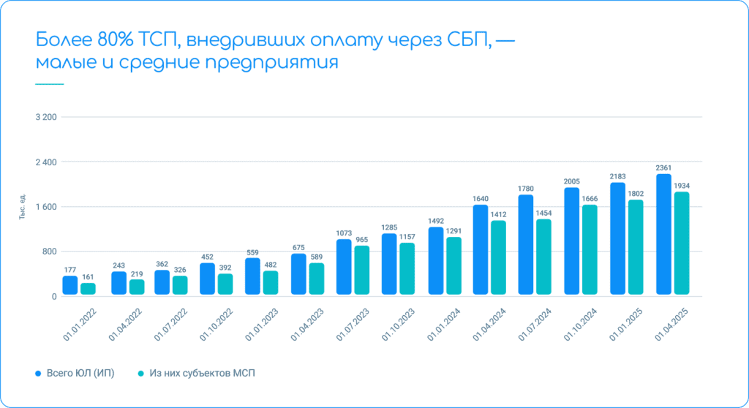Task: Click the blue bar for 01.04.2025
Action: pos(663,234)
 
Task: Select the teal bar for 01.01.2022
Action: pos(88,289)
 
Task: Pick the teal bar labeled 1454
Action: pos(543,257)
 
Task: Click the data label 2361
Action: pos(663,167)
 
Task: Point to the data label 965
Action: pos(361,240)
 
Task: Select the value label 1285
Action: pos(389,227)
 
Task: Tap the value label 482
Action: pos(271,265)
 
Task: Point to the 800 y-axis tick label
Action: pos(48,252)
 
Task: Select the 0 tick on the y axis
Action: pos(53,297)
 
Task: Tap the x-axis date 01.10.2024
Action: pos(579,324)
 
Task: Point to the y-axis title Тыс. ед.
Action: pos(23,207)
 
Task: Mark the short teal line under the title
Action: pos(49,84)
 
